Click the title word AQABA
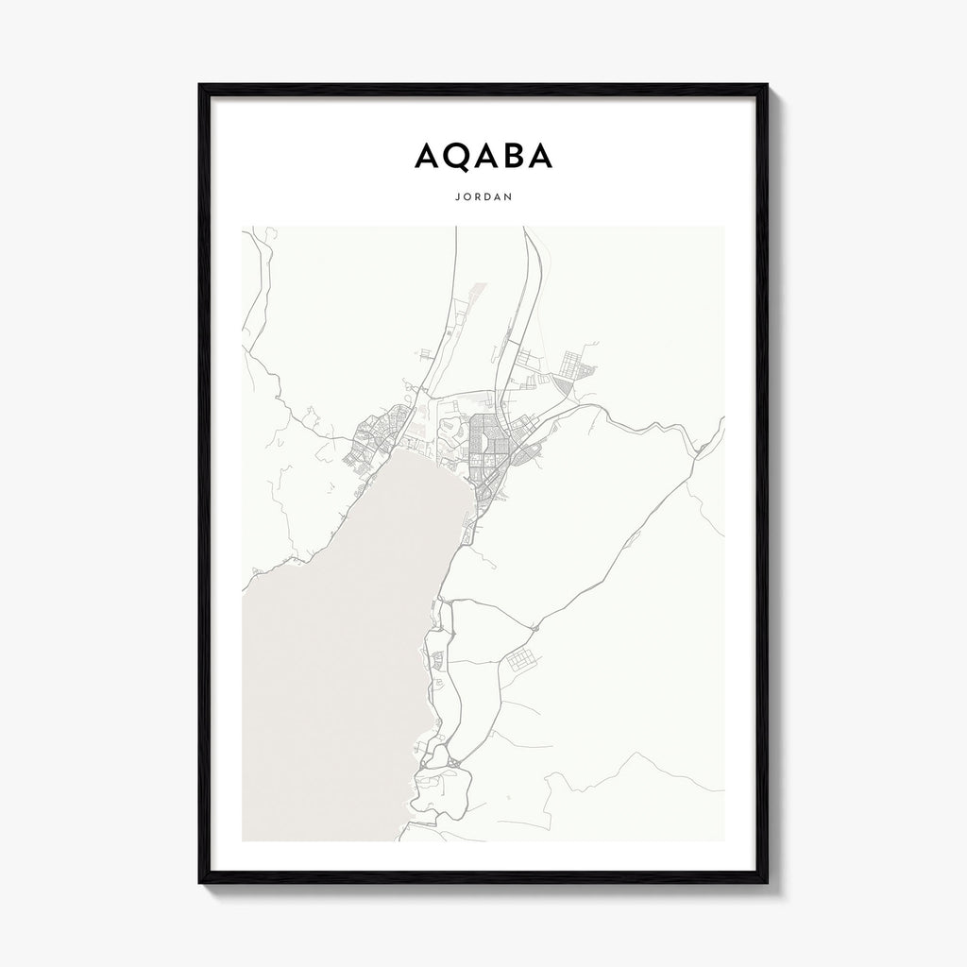(x=483, y=157)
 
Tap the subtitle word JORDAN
(x=483, y=198)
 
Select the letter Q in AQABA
(x=452, y=157)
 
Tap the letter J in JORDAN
(x=455, y=198)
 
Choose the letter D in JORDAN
(x=486, y=198)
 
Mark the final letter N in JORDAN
(x=510, y=198)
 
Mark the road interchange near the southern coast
(x=453, y=760)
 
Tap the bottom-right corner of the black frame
(x=766, y=882)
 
